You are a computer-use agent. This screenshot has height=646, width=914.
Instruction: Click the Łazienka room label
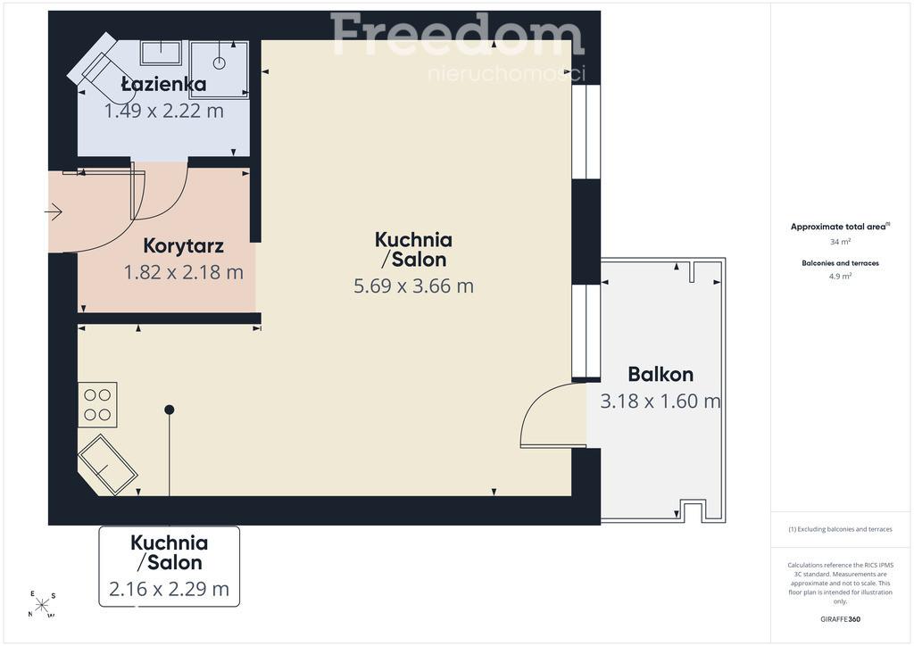coord(163,85)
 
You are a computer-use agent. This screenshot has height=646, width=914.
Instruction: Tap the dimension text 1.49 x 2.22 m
coord(164,111)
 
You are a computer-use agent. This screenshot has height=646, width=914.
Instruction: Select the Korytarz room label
coord(184,245)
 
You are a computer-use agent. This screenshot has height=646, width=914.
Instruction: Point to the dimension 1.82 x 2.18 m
coord(184,272)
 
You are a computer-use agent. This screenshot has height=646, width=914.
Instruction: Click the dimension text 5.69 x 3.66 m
coord(414,286)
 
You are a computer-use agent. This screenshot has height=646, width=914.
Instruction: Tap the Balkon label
coord(661,374)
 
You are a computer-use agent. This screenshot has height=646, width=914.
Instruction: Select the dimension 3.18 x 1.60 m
coord(661,402)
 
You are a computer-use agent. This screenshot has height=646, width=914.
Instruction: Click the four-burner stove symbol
coord(97,405)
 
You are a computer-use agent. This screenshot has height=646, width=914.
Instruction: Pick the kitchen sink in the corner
coord(107,464)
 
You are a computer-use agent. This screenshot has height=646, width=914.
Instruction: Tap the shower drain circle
coord(220,63)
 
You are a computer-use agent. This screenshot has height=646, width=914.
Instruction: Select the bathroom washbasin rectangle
coord(161,53)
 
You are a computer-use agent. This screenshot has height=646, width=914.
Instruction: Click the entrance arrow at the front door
coord(53,211)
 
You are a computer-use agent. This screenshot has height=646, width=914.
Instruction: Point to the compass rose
coord(42,605)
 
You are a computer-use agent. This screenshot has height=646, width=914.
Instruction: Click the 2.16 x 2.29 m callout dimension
coord(169,589)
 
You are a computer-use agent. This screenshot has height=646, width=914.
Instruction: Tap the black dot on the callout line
coord(169,410)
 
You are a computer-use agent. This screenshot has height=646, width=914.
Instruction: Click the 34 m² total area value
coord(840,241)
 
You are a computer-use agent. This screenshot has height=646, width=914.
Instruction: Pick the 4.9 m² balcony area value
coord(840,276)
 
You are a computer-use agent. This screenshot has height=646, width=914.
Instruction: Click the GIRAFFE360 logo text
coord(840,619)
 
